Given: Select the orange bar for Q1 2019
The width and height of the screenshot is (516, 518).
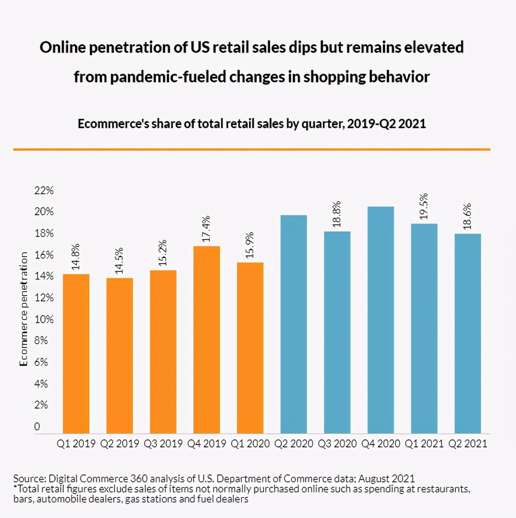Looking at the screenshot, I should point(76,353).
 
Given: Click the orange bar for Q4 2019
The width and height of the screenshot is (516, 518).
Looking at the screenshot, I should point(207,339).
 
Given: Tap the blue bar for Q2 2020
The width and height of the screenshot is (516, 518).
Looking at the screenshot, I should point(293,324).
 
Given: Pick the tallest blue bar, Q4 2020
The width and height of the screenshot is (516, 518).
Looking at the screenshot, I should point(380,320).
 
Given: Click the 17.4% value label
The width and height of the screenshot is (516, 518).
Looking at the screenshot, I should point(206,229).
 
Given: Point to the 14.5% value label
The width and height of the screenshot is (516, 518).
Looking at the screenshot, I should point(119,261).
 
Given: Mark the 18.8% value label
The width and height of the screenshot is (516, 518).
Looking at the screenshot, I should point(337,214).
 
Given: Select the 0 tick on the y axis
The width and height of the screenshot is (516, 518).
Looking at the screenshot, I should point(37,427).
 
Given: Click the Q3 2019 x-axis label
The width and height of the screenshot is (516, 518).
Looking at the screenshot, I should point(163,444).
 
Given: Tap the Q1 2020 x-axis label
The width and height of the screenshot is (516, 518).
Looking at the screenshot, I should point(250,444).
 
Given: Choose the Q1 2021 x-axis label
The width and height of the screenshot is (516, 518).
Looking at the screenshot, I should point(424,444).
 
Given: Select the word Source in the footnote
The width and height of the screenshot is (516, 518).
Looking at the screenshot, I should point(28,479).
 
